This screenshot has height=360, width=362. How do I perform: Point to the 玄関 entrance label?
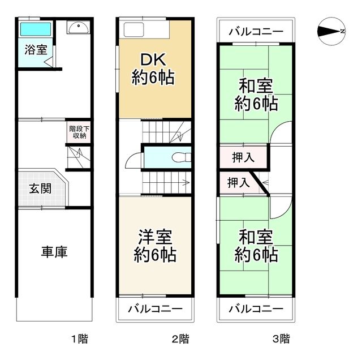click(40, 188)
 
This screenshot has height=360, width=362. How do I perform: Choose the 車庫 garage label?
click(54, 251)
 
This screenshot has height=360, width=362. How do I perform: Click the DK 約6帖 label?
click(153, 69)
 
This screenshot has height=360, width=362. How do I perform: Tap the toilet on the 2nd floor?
click(181, 157)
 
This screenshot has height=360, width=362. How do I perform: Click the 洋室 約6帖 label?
click(154, 245)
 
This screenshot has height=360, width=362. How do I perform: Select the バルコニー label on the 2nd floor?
click(155, 309)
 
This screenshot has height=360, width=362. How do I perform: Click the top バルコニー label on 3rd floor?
click(256, 32)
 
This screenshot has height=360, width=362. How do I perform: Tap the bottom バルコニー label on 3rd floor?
click(256, 309)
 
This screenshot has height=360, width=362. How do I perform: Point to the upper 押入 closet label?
click(243, 157)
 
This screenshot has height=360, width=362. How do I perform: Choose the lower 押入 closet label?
click(238, 182)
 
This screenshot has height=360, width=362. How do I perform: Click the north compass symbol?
click(332, 32)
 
